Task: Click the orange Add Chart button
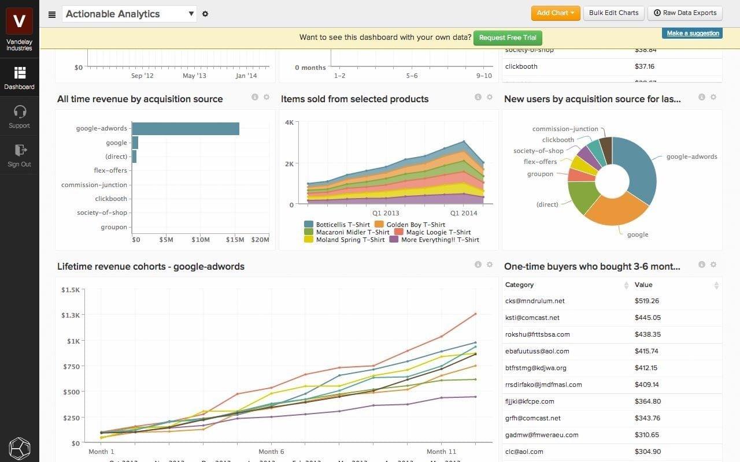coord(555,13)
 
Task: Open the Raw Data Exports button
coord(685,13)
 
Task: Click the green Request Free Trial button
coord(508,38)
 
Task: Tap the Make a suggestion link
coord(693,33)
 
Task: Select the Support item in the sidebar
coord(19,116)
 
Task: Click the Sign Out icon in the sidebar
coord(20,150)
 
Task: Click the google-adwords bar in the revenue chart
coord(185,129)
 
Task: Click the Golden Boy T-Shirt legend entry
coord(416,225)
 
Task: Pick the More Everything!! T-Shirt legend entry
coord(440,240)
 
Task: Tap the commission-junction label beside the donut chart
coord(565,129)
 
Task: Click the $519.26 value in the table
coord(646,301)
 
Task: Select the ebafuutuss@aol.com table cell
coord(536,351)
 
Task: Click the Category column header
coord(519,285)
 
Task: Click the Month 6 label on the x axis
coord(271,452)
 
